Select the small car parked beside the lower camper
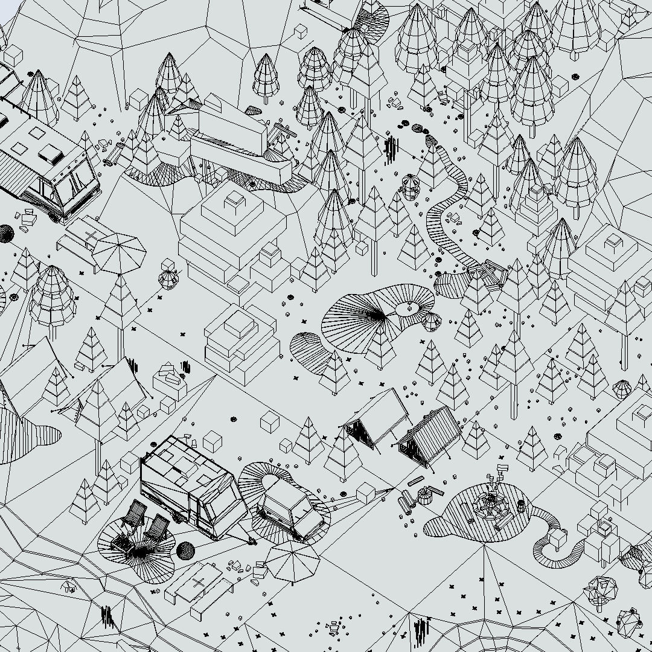pos(290,511)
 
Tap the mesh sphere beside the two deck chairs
pos(185,551)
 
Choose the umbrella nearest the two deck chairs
pos(292,560)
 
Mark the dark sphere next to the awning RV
pos(6,233)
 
